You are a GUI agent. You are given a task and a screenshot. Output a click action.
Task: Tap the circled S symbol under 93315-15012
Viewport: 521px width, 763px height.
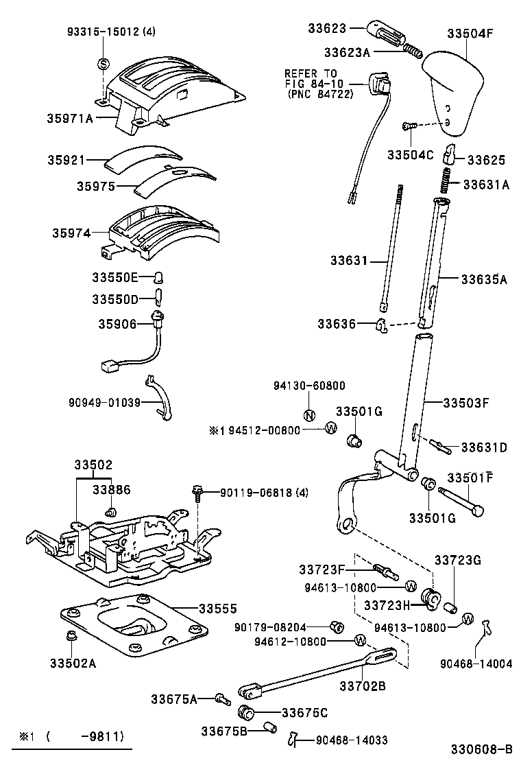[104, 64]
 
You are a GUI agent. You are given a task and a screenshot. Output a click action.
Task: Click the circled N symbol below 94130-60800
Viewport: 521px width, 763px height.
[308, 414]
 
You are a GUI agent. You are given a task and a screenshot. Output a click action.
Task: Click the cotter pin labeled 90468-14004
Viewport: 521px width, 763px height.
[488, 626]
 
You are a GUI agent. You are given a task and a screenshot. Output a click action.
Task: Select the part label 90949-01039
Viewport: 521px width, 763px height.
[105, 402]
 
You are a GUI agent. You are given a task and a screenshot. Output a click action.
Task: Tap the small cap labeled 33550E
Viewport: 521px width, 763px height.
[158, 278]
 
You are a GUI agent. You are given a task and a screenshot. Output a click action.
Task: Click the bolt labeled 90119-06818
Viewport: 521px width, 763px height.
[198, 491]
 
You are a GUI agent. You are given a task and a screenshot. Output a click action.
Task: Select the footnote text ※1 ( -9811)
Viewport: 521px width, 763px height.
[72, 737]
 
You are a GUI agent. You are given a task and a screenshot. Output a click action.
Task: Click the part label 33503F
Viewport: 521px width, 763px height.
[466, 403]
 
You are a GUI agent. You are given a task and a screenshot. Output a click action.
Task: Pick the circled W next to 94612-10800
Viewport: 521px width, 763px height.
[360, 641]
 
